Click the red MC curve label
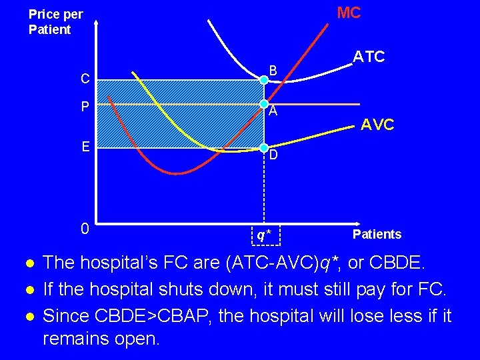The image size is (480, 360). click(x=349, y=13)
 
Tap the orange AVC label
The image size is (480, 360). click(x=377, y=124)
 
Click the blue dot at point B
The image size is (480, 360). click(x=264, y=79)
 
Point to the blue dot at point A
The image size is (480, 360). click(x=264, y=104)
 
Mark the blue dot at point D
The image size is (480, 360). click(x=264, y=147)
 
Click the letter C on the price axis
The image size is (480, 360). click(x=85, y=79)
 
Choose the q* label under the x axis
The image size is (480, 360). click(x=265, y=235)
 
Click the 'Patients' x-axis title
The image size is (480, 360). click(x=377, y=234)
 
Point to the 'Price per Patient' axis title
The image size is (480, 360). click(x=55, y=22)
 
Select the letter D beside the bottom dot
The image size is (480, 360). click(x=274, y=155)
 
